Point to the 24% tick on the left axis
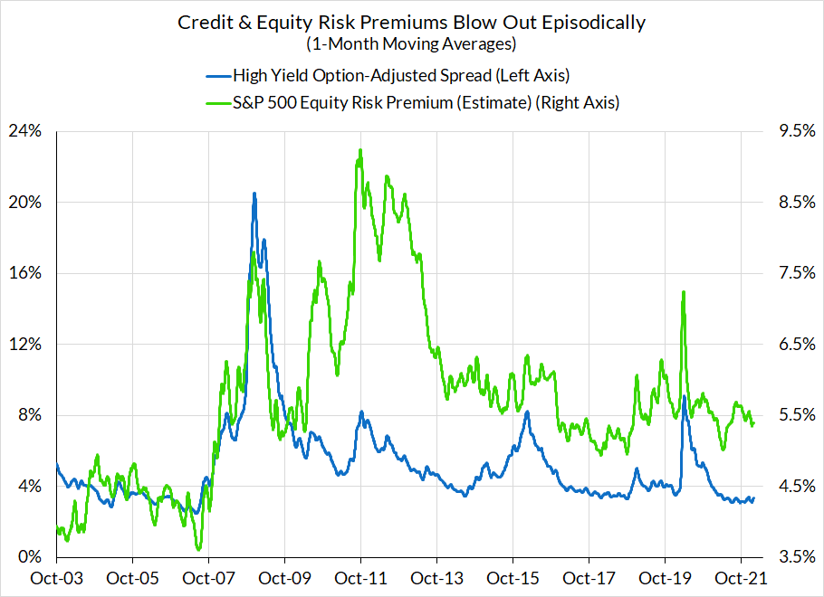coord(25,131)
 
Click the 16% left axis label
coord(25,273)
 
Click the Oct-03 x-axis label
coord(56,577)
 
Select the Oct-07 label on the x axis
coord(208,577)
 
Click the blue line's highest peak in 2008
coord(254,193)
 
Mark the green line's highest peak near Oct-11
coord(360,150)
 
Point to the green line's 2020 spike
coord(683,292)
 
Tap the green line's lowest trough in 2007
coord(198,549)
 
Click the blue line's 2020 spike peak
coord(684,396)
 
